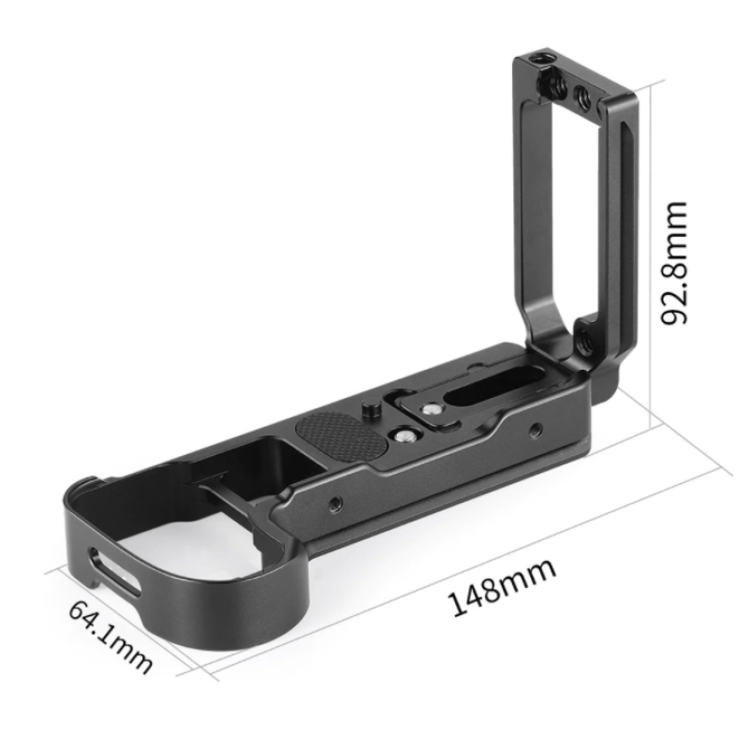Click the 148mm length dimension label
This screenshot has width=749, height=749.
pyautogui.click(x=503, y=587)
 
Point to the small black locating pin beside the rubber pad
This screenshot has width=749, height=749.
pyautogui.click(x=367, y=409)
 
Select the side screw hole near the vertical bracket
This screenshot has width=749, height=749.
pyautogui.click(x=534, y=432)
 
